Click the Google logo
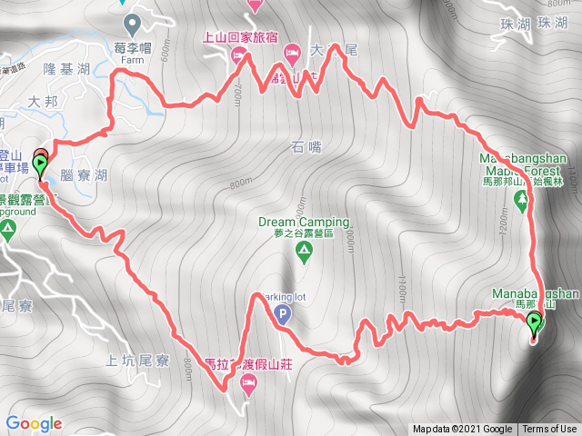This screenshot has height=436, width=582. point(34,423)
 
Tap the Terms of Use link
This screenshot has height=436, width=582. point(549,430)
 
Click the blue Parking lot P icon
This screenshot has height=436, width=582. point(282,315)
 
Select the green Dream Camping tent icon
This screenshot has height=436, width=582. point(304,256)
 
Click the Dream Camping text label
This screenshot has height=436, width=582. point(304,222)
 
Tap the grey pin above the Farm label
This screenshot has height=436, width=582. point(133,21)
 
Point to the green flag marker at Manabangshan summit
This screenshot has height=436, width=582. point(534,321)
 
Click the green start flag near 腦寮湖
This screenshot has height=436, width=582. point(41,164)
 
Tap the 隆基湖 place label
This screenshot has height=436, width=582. point(66,69)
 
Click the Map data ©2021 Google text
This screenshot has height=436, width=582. point(462,430)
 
